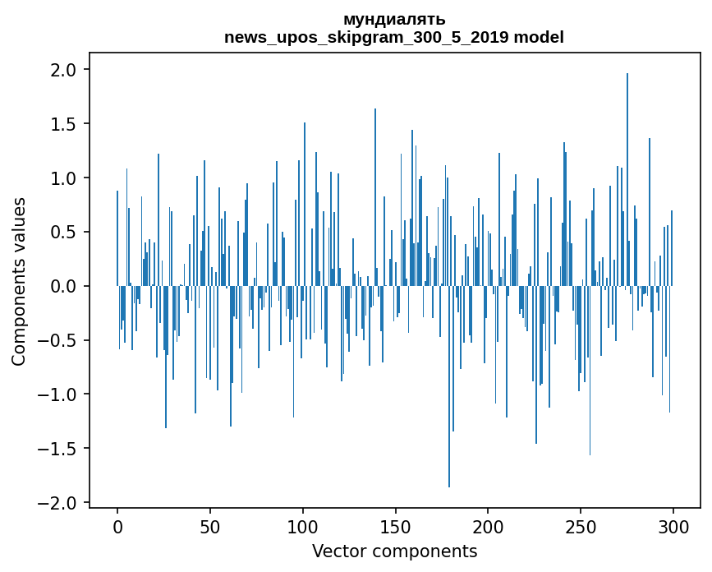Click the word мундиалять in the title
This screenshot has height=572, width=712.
tap(394, 19)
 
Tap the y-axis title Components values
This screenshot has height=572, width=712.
tap(19, 281)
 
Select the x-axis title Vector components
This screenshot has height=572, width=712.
tap(394, 551)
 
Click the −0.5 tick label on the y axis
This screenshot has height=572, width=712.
tap(59, 341)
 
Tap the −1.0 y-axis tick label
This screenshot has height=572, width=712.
tap(59, 395)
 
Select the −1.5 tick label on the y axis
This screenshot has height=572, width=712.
tap(59, 449)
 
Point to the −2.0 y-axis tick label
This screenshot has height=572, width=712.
tap(59, 503)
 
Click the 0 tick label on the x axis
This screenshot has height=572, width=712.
tap(117, 526)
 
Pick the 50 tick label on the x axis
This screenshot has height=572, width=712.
tap(210, 526)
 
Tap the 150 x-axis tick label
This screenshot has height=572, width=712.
tap(396, 526)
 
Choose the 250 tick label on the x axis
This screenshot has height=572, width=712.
tap(581, 526)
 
